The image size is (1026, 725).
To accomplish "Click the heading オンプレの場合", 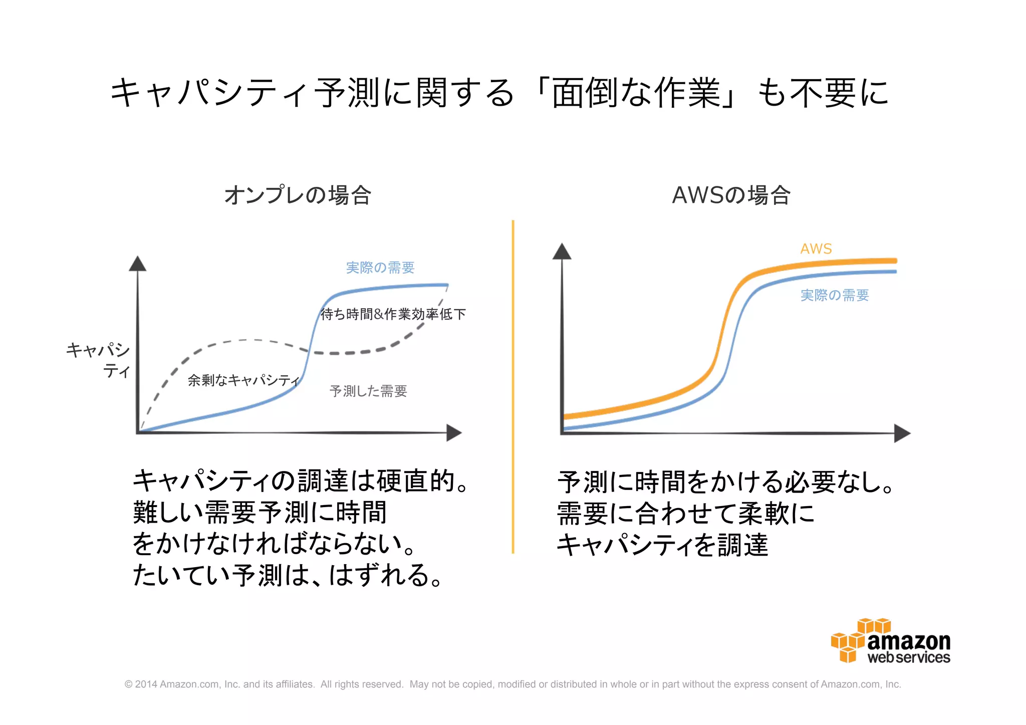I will click(298, 195).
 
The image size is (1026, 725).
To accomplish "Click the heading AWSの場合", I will click(731, 195).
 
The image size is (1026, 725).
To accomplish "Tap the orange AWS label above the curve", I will click(816, 249).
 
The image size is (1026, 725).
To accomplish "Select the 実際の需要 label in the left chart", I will click(380, 268).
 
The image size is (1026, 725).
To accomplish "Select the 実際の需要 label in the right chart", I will click(834, 295).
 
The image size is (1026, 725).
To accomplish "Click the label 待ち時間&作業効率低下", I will click(393, 314).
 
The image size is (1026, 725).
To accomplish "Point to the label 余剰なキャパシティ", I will click(243, 380).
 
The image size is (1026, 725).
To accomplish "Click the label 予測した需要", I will click(368, 391).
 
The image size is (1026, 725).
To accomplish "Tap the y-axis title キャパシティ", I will click(99, 360).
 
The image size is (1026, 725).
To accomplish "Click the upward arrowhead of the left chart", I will click(138, 264).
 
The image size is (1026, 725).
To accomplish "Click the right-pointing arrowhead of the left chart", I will click(453, 432).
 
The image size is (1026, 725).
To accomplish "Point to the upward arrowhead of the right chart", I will click(562, 252).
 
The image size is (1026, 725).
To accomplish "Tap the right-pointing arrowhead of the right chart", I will click(902, 433).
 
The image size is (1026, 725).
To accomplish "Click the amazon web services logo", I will click(891, 641).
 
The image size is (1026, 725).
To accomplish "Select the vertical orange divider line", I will click(513, 386).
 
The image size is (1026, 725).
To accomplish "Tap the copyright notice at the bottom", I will click(512, 684).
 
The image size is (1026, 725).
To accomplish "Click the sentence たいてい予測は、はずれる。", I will click(288, 575).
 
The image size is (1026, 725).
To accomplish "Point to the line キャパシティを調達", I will click(662, 545).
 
